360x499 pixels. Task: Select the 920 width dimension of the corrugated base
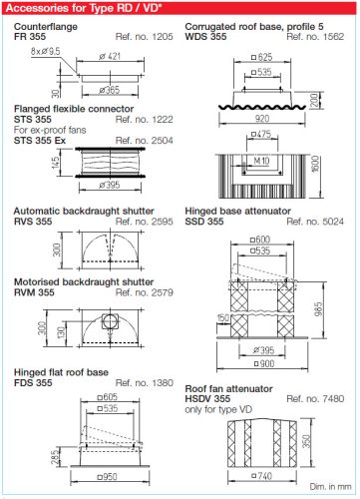262,116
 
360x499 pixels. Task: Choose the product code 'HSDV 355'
214,399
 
